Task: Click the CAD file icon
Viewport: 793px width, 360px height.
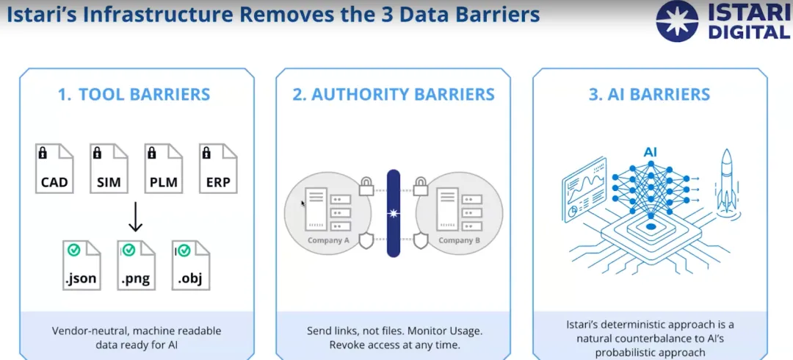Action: click(55, 168)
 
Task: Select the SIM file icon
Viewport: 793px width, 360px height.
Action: click(109, 168)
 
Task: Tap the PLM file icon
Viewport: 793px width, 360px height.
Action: click(164, 168)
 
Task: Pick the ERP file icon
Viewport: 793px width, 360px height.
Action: click(218, 168)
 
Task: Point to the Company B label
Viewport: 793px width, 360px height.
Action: click(460, 240)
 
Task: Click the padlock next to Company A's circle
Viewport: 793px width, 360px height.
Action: click(366, 187)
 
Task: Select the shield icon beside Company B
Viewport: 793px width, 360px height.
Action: click(421, 240)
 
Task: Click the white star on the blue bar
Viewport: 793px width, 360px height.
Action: click(394, 213)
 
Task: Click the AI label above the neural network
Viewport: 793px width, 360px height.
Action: click(651, 152)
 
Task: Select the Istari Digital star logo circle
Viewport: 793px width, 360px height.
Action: click(677, 21)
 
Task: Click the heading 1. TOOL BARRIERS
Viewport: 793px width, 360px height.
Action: click(134, 95)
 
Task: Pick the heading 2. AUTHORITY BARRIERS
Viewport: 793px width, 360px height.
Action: click(394, 95)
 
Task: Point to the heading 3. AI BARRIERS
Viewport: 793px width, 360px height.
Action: click(650, 95)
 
